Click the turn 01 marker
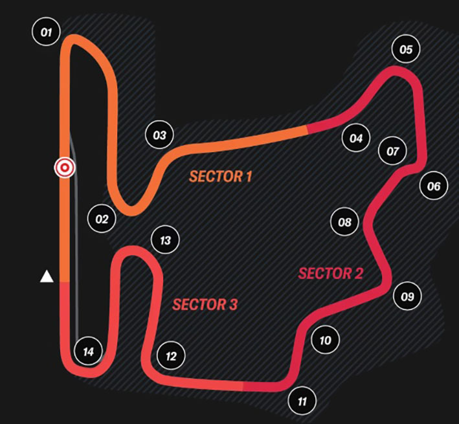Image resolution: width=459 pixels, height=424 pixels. click(x=46, y=32)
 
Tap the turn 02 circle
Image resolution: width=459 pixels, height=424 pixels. click(x=102, y=219)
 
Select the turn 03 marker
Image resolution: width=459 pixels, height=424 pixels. click(x=159, y=135)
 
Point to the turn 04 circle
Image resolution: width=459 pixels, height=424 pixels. click(x=356, y=137)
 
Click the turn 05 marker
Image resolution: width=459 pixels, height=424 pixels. click(x=406, y=49)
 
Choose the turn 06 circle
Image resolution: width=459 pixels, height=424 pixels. click(x=434, y=186)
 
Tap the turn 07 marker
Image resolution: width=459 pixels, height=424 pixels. click(x=392, y=151)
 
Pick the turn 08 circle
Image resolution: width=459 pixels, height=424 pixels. click(x=344, y=222)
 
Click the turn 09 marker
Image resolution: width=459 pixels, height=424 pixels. click(x=407, y=296)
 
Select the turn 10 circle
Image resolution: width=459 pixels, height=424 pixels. click(x=325, y=340)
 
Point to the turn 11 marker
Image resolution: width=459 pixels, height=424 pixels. click(x=302, y=401)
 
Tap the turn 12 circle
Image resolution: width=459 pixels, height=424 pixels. click(x=172, y=356)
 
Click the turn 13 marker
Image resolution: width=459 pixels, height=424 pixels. click(x=165, y=240)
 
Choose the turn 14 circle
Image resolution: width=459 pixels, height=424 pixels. click(x=89, y=351)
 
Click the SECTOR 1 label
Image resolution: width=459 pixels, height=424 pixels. click(x=220, y=177)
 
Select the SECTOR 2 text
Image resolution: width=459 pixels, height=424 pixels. click(x=330, y=274)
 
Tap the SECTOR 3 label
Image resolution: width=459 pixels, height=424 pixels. click(x=205, y=305)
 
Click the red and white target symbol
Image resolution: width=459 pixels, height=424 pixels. click(x=65, y=168)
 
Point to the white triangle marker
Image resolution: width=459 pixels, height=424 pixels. click(x=47, y=277)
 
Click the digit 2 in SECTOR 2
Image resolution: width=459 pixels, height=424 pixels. click(x=359, y=274)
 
